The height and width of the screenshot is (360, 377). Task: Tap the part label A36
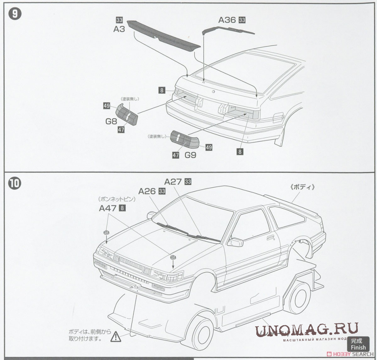pyautogui.click(x=227, y=20)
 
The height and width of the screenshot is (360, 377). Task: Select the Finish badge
pyautogui.click(x=357, y=344)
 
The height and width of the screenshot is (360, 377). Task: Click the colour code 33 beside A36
pyautogui.click(x=242, y=20)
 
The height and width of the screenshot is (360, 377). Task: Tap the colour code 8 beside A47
pyautogui.click(x=123, y=208)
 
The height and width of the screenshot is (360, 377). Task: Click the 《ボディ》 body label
pyautogui.click(x=302, y=187)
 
